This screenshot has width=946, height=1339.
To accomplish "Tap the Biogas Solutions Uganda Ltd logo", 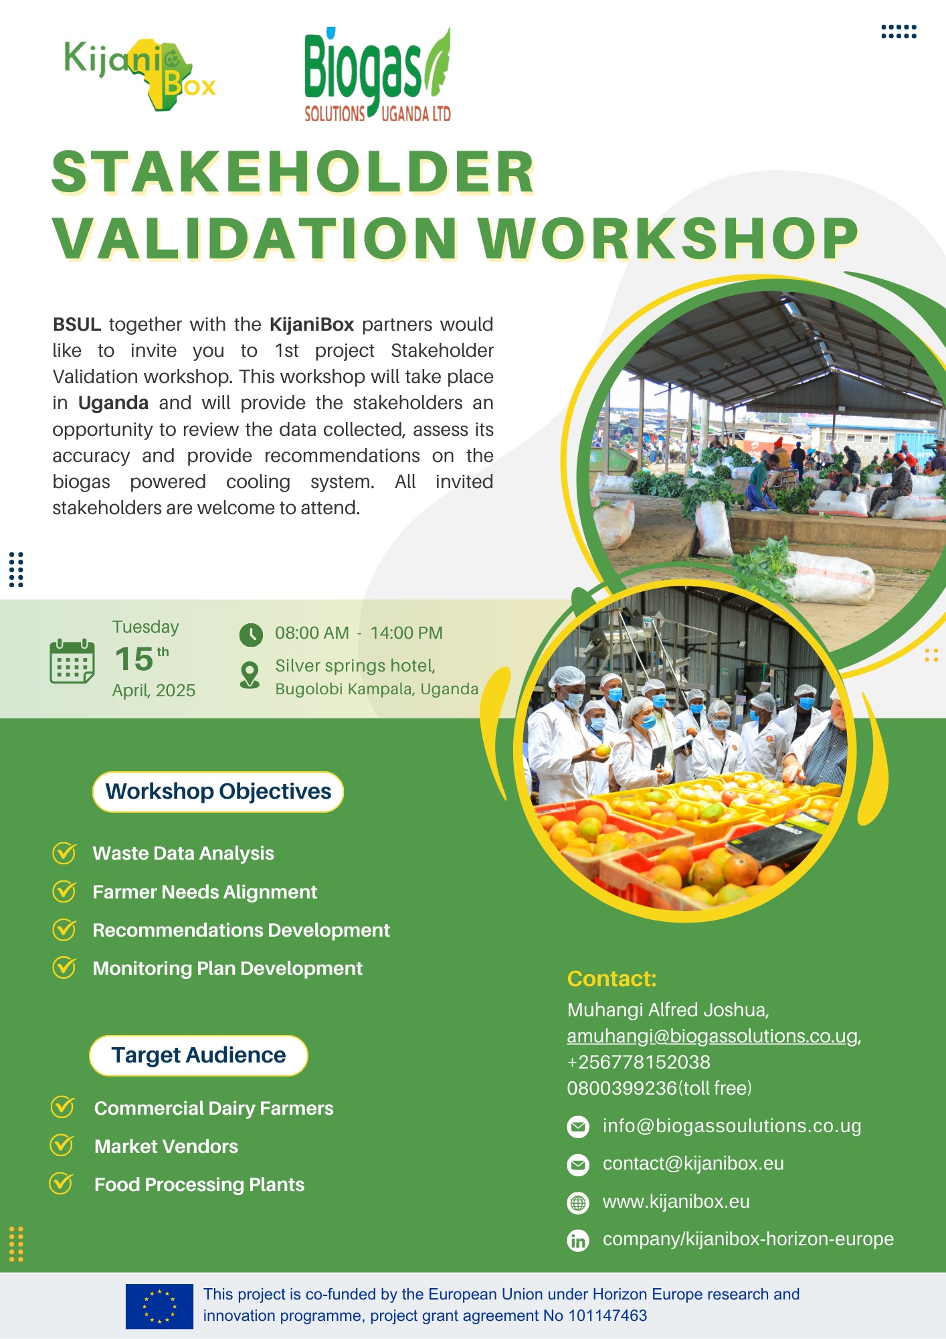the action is (377, 74).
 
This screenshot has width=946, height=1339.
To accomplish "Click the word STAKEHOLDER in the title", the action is (293, 172).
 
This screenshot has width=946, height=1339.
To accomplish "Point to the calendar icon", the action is (72, 661).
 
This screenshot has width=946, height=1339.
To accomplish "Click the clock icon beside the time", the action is (251, 635).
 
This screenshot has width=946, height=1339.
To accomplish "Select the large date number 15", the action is (134, 659).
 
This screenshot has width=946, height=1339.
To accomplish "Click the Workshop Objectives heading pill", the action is (218, 792).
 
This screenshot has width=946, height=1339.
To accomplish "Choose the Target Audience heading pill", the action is (199, 1056).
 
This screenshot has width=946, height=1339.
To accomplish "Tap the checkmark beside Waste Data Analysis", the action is (64, 853).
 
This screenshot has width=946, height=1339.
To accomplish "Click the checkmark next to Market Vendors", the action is (62, 1145).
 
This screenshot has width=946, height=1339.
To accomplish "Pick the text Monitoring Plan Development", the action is (227, 969).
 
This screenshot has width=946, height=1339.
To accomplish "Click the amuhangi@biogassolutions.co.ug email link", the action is (713, 1036).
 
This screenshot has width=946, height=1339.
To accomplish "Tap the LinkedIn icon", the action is (578, 1241).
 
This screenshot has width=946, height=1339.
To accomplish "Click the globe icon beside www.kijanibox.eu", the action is (578, 1203).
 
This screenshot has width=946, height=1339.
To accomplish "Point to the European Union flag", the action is (159, 1306).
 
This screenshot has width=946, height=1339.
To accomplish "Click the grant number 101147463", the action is (607, 1316).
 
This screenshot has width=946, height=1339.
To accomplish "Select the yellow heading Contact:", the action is (611, 979).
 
